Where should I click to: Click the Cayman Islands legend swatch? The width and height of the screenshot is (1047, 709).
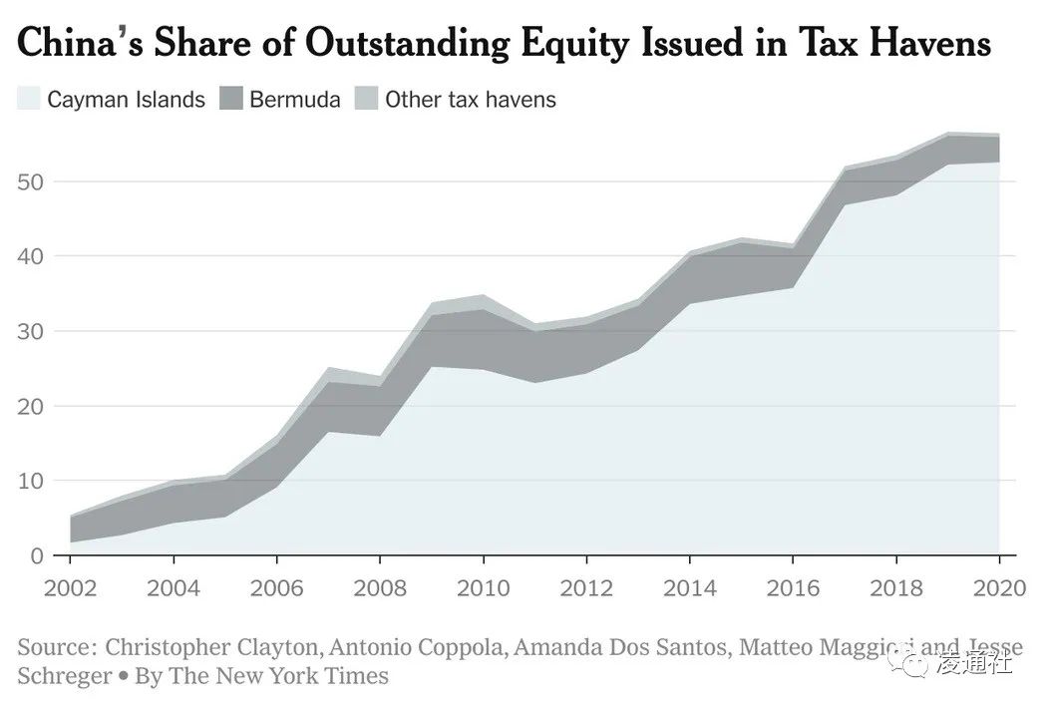[29, 99]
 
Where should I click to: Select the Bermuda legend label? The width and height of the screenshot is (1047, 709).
[294, 99]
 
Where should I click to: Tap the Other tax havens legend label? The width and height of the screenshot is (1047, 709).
[470, 99]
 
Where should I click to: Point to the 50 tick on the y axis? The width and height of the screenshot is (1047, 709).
[30, 181]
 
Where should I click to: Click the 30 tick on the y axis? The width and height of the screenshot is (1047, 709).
[30, 331]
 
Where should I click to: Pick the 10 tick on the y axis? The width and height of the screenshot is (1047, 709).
[30, 481]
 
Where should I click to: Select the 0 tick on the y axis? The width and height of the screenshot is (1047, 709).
[36, 555]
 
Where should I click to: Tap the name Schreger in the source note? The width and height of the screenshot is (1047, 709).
[64, 676]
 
